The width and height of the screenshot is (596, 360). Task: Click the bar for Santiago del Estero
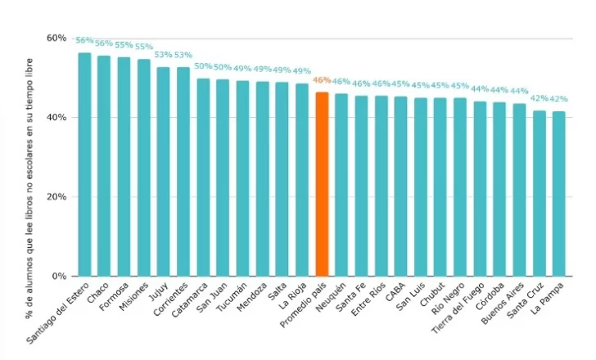point(84,164)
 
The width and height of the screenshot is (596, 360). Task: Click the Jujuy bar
point(163,172)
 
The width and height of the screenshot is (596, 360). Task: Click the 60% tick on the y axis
point(56,38)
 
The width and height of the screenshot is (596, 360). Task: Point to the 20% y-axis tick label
point(56,197)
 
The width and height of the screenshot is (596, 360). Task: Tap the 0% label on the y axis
point(60,277)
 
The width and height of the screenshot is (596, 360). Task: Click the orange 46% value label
point(322,80)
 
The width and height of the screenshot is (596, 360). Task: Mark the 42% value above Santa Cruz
point(540,99)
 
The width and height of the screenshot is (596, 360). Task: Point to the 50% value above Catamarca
point(202,66)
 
